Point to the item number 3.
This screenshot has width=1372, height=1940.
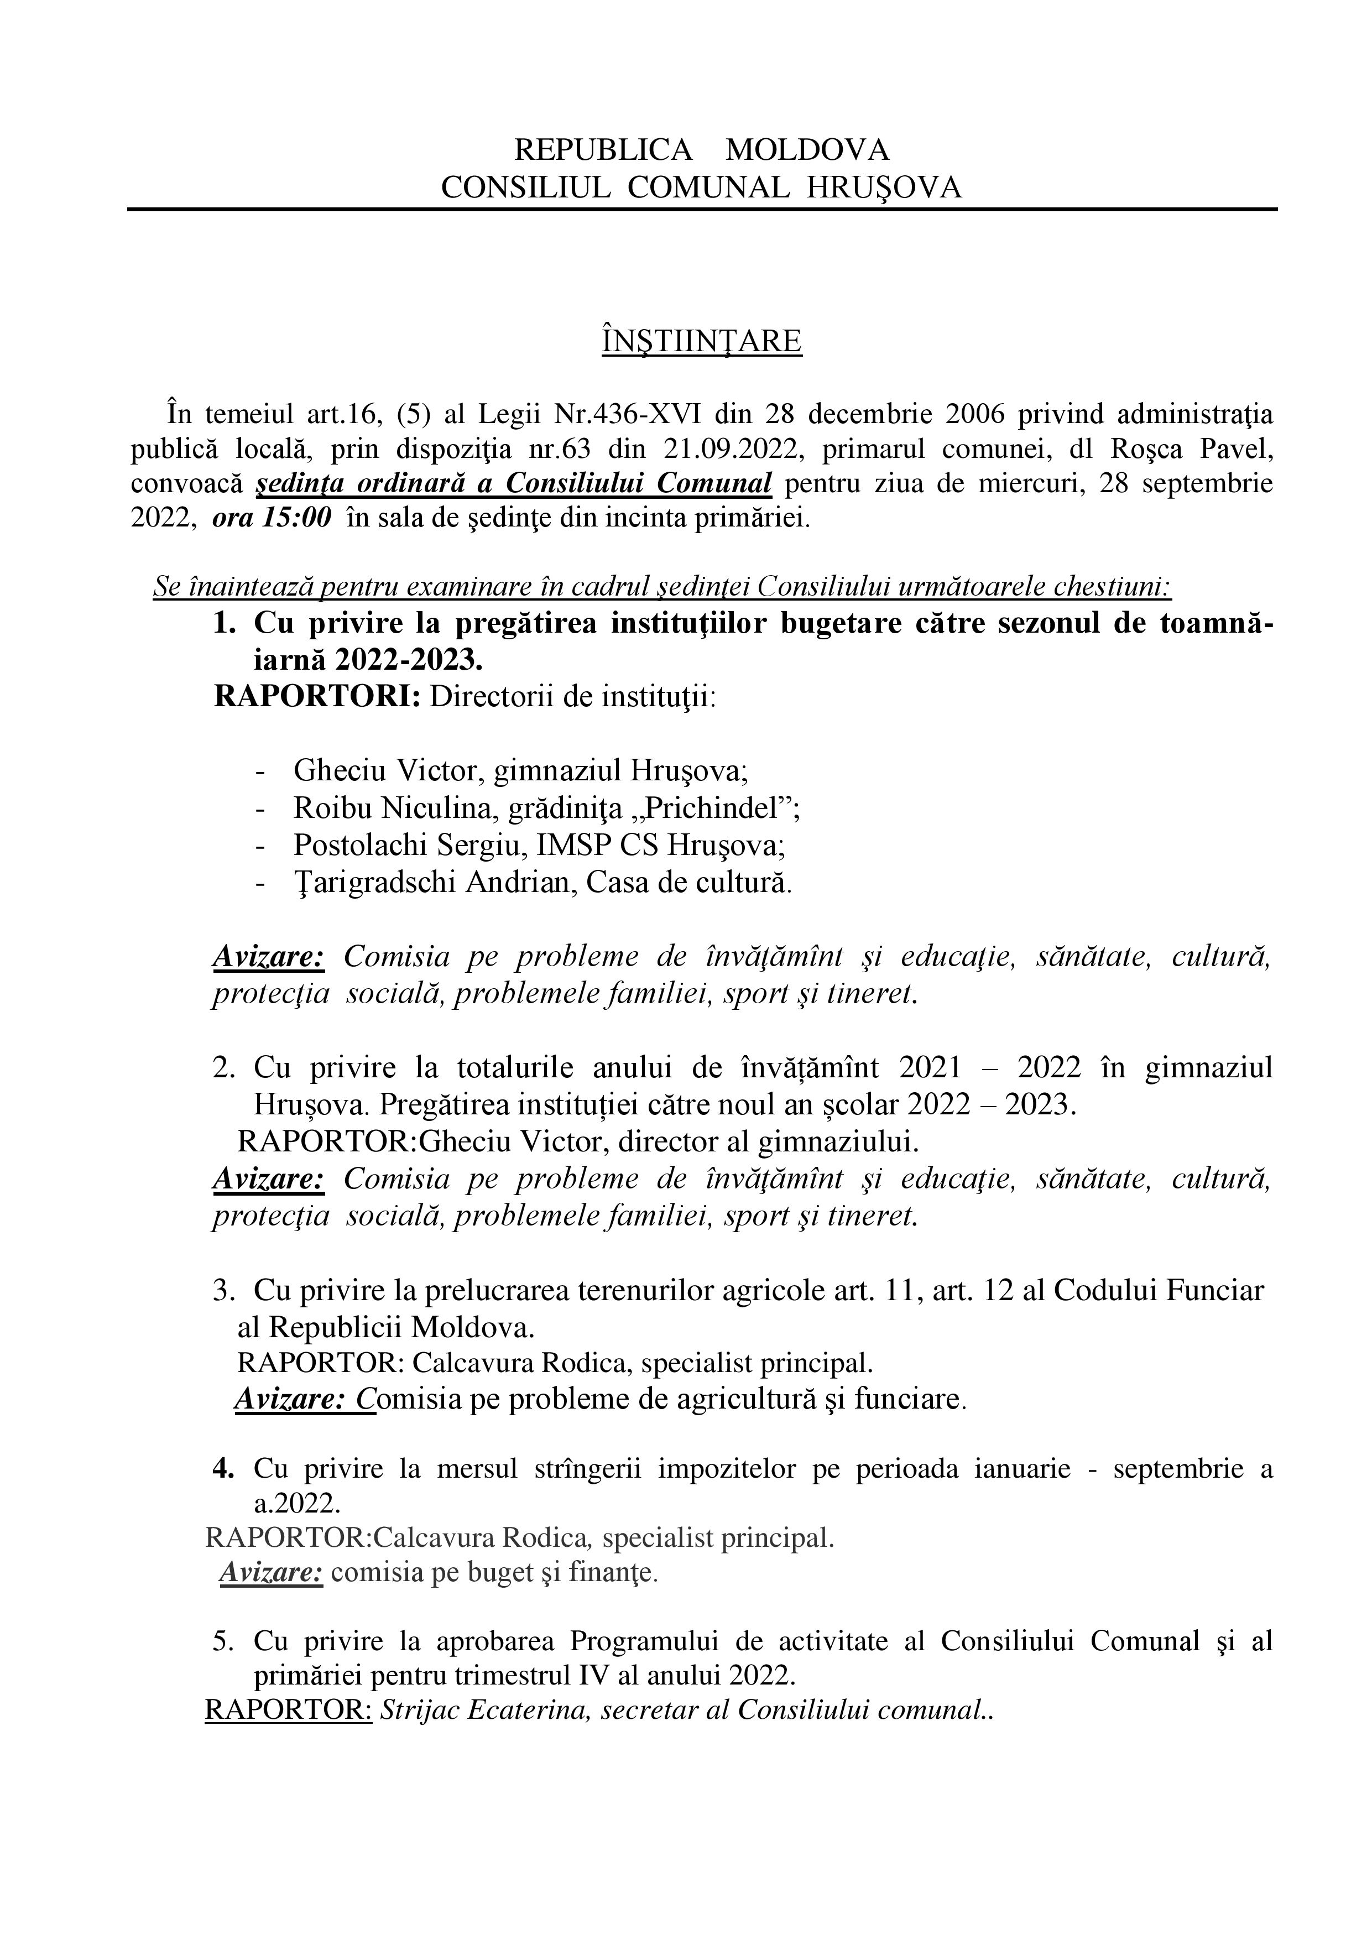pos(223,1290)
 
